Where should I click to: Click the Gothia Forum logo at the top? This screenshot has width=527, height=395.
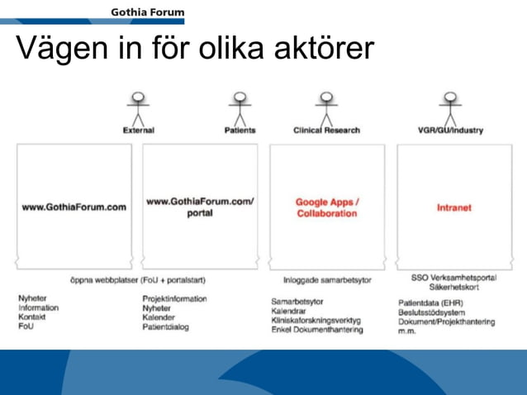(147, 12)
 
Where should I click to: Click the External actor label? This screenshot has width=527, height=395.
(139, 131)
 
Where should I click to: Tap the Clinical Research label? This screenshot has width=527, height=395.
(326, 131)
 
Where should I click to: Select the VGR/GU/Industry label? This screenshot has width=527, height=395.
(450, 131)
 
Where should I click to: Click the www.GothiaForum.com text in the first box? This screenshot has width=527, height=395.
(74, 207)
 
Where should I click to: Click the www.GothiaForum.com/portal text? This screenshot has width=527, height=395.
(200, 207)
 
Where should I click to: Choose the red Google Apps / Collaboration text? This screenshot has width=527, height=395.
(326, 207)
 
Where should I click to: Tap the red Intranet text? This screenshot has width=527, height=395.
(453, 207)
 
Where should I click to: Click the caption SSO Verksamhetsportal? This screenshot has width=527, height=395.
(453, 278)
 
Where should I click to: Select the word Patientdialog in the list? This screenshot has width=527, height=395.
(165, 327)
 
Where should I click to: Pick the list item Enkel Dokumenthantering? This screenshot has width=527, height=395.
(316, 330)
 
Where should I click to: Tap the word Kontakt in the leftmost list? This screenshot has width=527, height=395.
(32, 317)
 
